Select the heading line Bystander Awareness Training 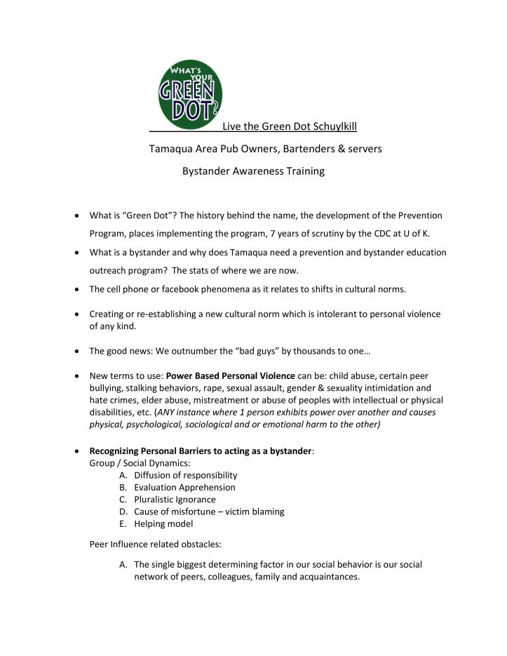(x=253, y=171)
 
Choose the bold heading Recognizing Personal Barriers (x=200, y=450)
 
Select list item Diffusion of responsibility (x=186, y=475)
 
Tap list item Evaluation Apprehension (x=184, y=488)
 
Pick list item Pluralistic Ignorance (x=175, y=500)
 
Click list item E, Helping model (x=163, y=524)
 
